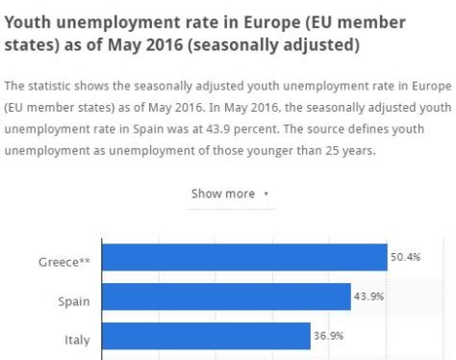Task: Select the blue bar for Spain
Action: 226,296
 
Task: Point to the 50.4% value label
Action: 403,257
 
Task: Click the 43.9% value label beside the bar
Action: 368,296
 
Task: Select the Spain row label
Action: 74,300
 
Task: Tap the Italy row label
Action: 77,340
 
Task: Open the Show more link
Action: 223,193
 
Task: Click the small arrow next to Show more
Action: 266,194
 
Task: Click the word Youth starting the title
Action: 30,20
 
